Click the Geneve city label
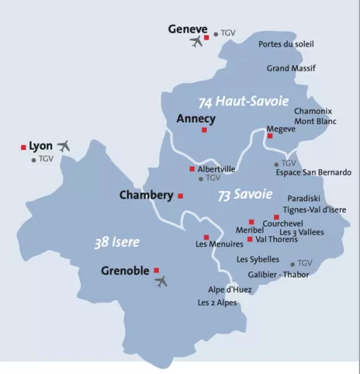(188, 29)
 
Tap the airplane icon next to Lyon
(64, 145)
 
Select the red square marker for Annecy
(204, 130)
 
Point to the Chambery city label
(146, 196)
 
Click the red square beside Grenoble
(157, 270)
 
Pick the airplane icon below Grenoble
(161, 282)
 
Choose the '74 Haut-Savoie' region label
(243, 102)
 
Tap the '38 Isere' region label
(117, 243)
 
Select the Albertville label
(216, 168)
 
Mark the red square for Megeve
(269, 136)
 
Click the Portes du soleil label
(286, 44)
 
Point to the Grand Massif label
(291, 68)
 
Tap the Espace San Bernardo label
(313, 172)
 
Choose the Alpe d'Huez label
(230, 289)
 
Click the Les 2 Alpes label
(217, 303)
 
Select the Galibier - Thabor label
(279, 275)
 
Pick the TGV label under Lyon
(46, 160)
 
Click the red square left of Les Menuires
(206, 237)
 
